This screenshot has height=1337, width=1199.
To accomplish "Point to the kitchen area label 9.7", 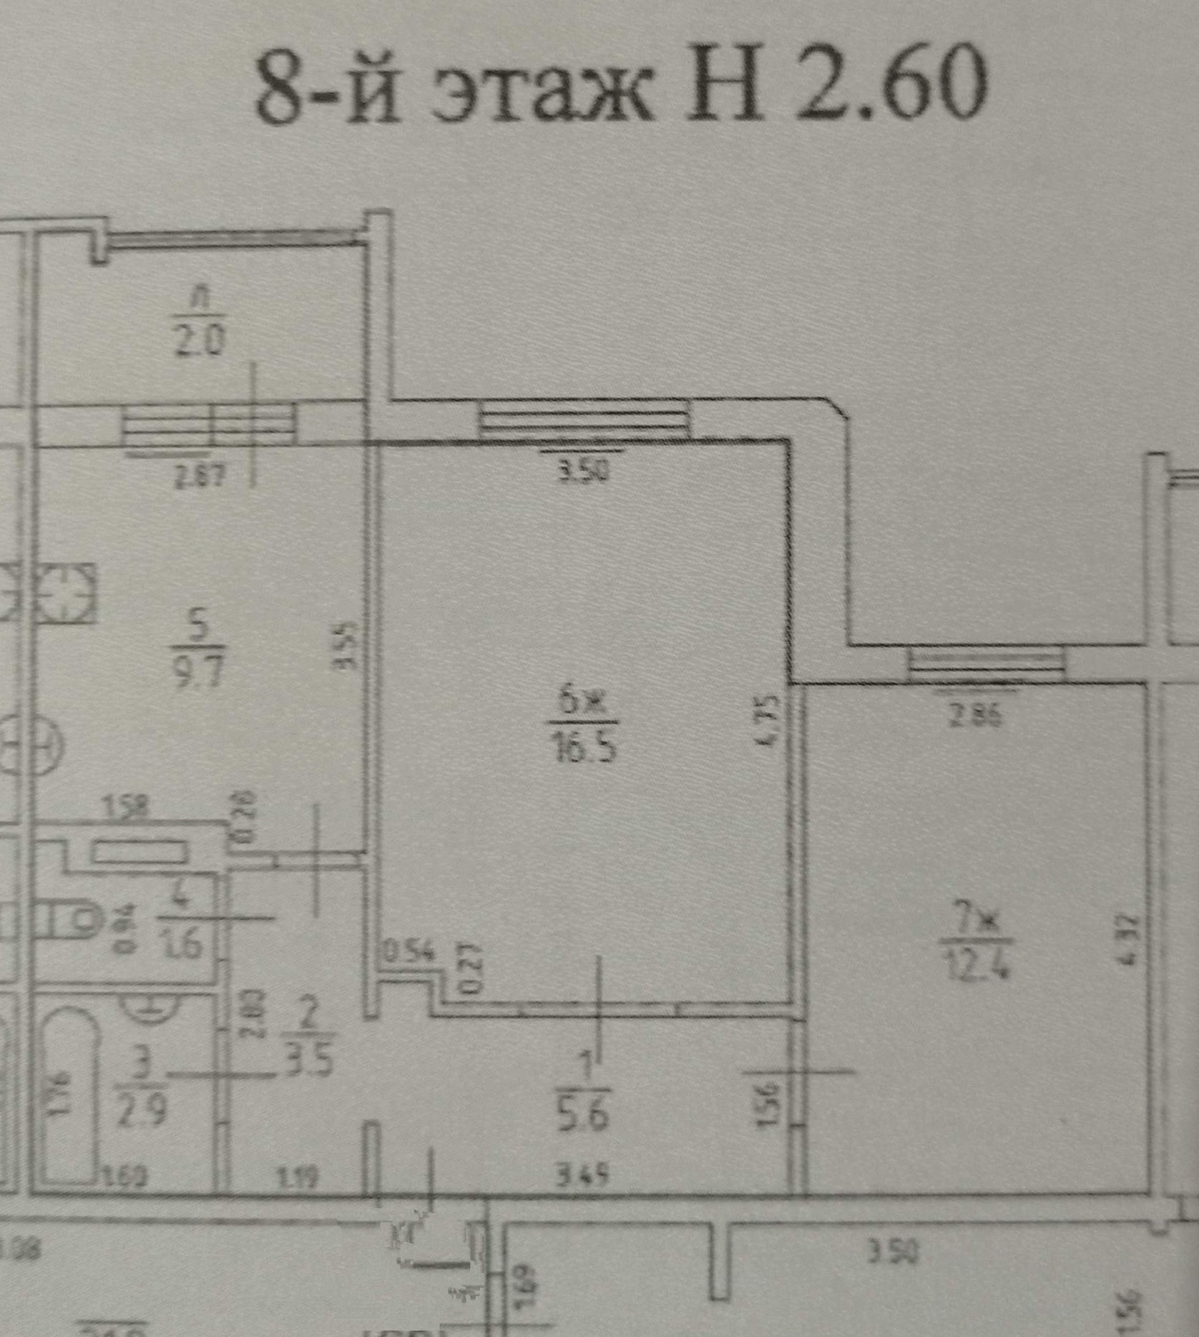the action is pyautogui.click(x=198, y=673).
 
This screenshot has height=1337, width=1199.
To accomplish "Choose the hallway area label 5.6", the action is pyautogui.click(x=583, y=1114).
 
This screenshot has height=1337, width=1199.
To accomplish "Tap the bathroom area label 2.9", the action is pyautogui.click(x=141, y=1111).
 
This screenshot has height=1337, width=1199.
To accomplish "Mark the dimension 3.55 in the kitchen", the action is pyautogui.click(x=346, y=646).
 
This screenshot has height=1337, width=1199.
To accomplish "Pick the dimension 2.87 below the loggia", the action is pyautogui.click(x=200, y=475).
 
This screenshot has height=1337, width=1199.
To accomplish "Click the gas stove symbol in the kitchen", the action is pyautogui.click(x=66, y=593).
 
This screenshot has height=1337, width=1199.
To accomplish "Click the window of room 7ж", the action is pyautogui.click(x=987, y=664).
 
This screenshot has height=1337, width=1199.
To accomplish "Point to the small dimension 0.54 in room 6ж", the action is pyautogui.click(x=409, y=952).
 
